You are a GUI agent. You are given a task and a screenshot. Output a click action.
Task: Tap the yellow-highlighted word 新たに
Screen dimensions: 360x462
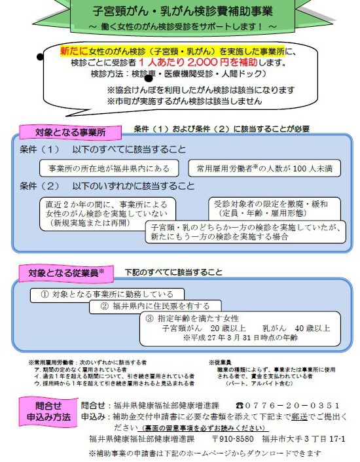pyautogui.click(x=72, y=50)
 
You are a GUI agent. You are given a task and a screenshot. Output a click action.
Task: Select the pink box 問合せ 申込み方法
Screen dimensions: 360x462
pyautogui.click(x=48, y=411)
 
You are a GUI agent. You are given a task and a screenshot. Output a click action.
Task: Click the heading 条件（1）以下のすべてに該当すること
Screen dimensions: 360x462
pyautogui.click(x=103, y=150)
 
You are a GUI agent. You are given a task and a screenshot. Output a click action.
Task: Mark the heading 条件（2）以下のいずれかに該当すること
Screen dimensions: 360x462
pyautogui.click(x=107, y=185)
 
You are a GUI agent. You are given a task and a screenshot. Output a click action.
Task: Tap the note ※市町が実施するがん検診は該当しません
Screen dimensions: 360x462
pyautogui.click(x=185, y=101)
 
